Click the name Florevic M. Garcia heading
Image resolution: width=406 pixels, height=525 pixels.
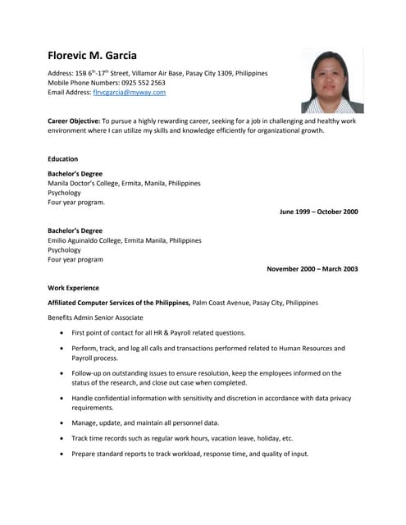point(92,56)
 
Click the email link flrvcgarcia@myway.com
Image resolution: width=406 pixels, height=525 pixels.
point(130,93)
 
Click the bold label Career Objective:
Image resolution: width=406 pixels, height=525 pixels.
point(74,121)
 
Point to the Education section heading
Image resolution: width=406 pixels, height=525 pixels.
point(63,159)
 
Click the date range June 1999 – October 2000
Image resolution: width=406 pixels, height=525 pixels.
point(318,212)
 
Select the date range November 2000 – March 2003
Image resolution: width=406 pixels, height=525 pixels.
point(312,268)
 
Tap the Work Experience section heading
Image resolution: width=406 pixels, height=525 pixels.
point(73,288)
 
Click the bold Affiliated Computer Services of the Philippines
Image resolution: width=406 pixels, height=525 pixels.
point(119,303)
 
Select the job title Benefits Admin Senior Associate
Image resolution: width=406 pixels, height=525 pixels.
point(95,317)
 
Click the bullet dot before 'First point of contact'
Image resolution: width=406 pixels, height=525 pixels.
point(62,333)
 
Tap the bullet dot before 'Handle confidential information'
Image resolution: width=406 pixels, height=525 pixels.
point(62,398)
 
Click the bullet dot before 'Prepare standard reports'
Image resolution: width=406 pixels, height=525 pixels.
point(62,454)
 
